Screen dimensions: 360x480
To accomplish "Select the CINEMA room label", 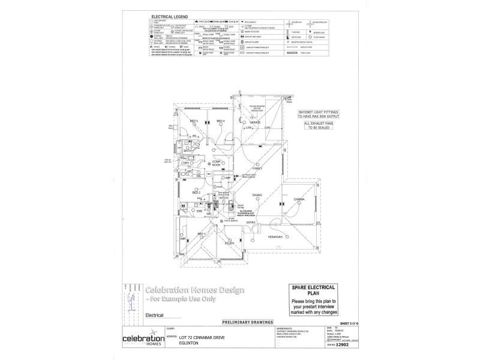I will click(x=299, y=199).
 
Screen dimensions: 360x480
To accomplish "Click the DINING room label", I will click(x=257, y=196).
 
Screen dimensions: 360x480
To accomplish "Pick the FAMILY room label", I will click(x=258, y=169).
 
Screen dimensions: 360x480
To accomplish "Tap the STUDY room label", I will click(x=229, y=243).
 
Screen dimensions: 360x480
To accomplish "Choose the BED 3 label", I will click(x=194, y=121).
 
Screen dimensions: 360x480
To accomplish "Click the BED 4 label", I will click(x=220, y=121).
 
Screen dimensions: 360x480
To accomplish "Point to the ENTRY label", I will click(x=251, y=223).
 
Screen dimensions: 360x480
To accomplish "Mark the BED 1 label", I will click(x=202, y=233).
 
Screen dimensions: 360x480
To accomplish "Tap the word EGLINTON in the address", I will click(x=189, y=344).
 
